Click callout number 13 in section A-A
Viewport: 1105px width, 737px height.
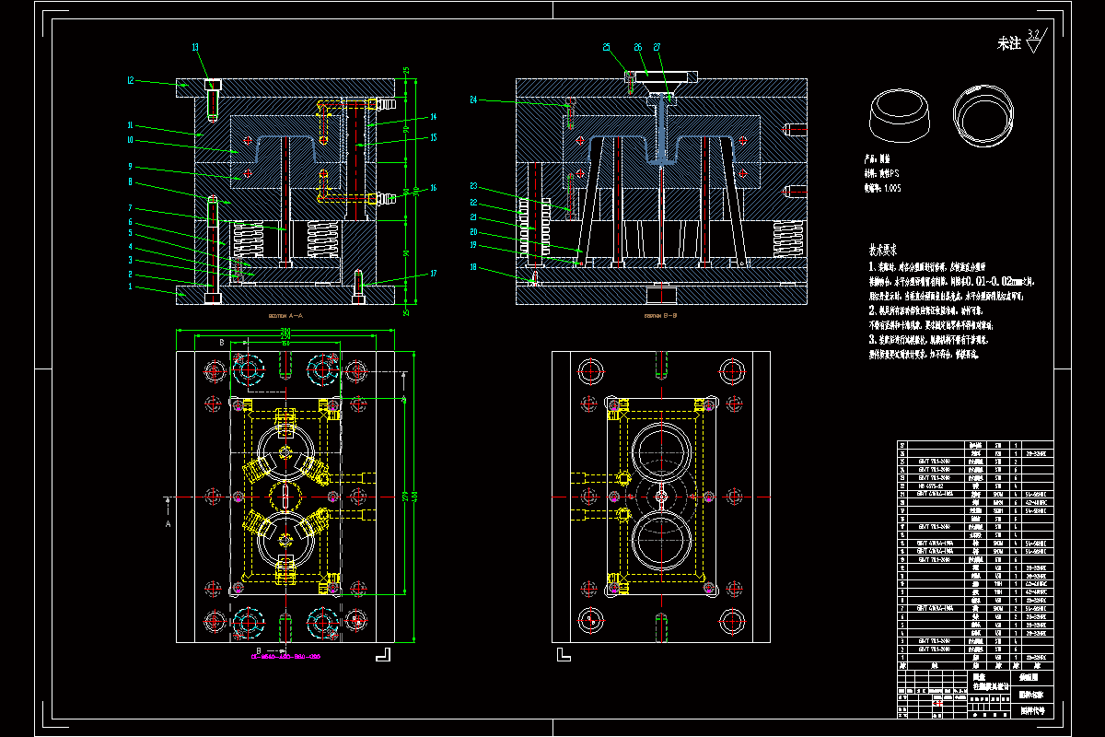click(195, 47)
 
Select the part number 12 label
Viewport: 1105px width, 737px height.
click(131, 81)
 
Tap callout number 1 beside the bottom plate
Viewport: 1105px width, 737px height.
click(131, 287)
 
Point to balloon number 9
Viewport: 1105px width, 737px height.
click(131, 167)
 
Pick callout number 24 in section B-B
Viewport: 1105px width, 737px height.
click(473, 99)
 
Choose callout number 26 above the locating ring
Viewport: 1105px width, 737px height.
click(637, 47)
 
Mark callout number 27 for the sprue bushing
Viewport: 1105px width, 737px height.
click(657, 47)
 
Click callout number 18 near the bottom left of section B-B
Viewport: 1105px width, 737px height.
click(473, 267)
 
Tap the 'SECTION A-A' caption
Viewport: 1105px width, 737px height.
click(285, 315)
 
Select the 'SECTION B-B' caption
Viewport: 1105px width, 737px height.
click(661, 315)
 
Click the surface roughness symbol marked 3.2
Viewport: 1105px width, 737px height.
click(1032, 40)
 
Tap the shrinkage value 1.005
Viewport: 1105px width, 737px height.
click(891, 188)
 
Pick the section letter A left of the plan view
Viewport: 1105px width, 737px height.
click(168, 522)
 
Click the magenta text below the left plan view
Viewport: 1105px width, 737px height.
click(285, 657)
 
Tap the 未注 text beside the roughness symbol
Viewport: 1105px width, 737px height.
click(1009, 43)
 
